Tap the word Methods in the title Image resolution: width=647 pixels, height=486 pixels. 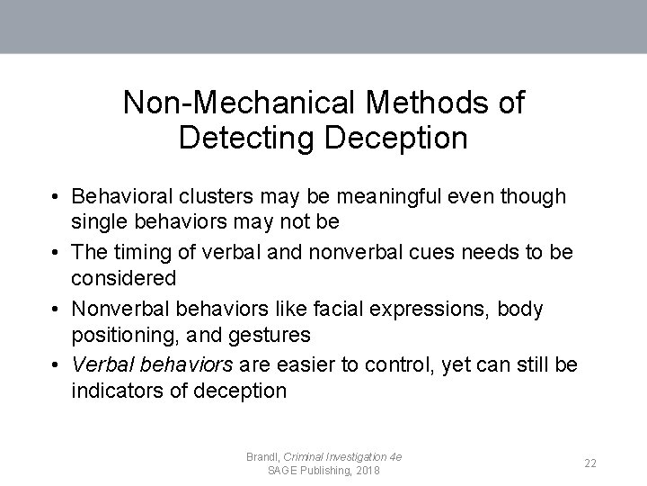coord(408,103)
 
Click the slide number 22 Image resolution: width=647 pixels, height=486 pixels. coord(590,463)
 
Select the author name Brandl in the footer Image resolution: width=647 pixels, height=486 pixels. coord(262,457)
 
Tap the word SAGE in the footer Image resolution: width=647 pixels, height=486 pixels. coord(283,471)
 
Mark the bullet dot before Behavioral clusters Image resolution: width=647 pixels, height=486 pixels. coord(56,197)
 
